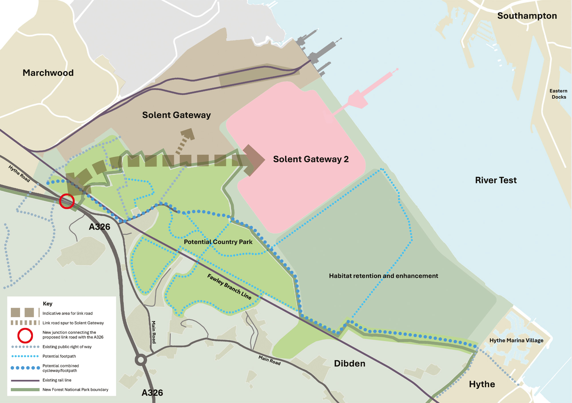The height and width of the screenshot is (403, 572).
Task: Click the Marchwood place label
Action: (x=48, y=73)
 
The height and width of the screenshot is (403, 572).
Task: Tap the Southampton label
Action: (x=527, y=16)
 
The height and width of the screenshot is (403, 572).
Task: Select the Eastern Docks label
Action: (x=558, y=94)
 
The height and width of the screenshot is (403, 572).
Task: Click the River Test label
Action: (x=496, y=180)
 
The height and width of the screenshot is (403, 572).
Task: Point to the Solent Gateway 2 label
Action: (x=311, y=159)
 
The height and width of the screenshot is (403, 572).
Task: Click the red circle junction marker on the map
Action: (x=67, y=201)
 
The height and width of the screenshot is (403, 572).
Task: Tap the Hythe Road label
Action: (x=19, y=173)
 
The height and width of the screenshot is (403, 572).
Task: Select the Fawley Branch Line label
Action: (x=229, y=287)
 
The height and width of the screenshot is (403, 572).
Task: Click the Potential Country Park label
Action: (x=218, y=242)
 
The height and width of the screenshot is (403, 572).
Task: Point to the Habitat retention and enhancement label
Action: (x=383, y=276)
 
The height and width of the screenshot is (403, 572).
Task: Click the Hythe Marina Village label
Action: (x=516, y=340)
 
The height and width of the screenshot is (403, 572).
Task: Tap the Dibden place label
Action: (x=349, y=364)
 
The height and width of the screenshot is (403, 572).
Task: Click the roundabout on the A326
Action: (x=141, y=360)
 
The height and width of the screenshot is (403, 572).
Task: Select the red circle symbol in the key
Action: (x=25, y=335)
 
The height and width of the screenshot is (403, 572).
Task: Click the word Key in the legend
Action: (x=47, y=304)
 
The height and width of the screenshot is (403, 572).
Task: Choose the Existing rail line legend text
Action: (x=57, y=380)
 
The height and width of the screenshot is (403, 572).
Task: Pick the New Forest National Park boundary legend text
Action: (x=75, y=390)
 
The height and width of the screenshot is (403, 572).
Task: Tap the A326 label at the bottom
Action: (x=152, y=393)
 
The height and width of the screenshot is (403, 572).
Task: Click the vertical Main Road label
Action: (x=154, y=332)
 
